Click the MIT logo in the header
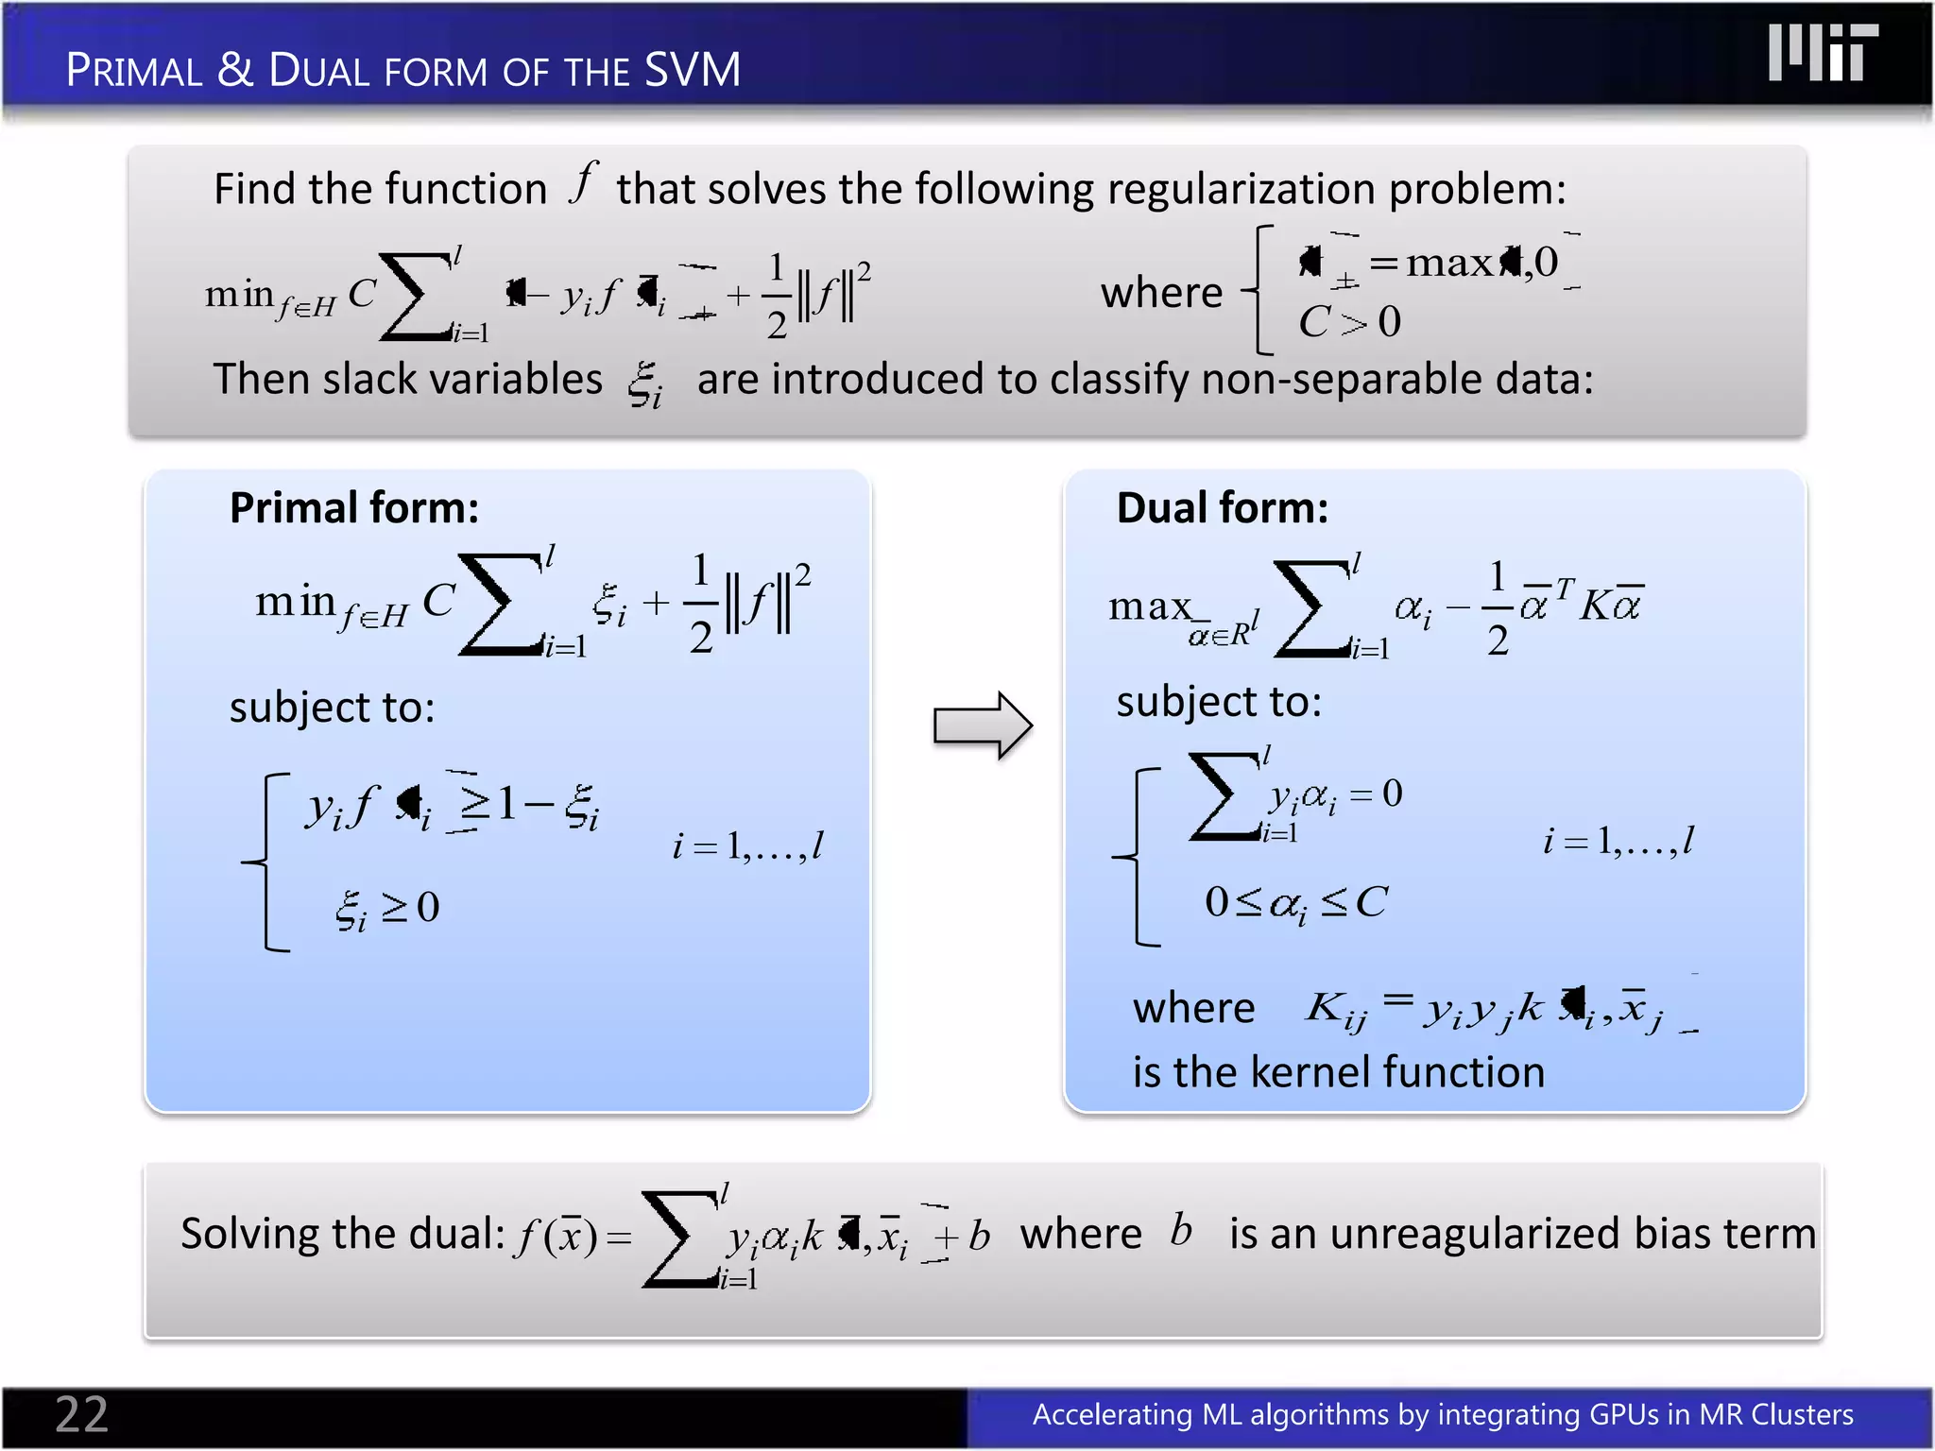pos(1823,53)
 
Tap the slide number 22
pos(81,1414)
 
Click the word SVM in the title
pos(693,70)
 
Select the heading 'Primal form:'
pos(354,508)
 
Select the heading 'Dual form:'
pos(1222,508)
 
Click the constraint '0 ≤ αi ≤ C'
pos(1295,903)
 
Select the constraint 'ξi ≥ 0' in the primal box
pos(387,909)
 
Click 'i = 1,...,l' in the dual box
pos(1618,840)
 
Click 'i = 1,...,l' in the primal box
pos(747,845)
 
